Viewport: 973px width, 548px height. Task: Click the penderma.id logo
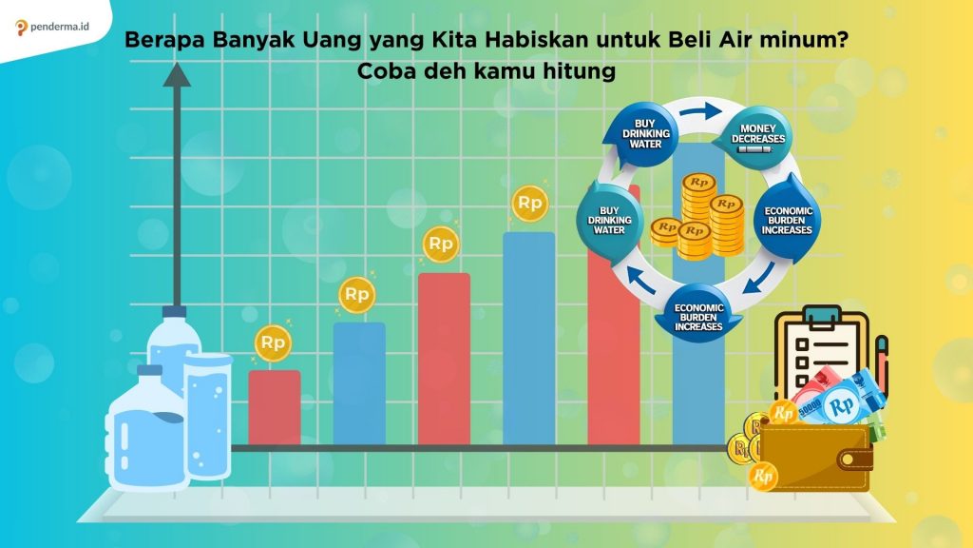pos(52,27)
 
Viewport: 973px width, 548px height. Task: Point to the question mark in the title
pos(842,40)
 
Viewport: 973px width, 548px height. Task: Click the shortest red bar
pos(275,407)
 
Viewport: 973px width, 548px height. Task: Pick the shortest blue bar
pos(359,383)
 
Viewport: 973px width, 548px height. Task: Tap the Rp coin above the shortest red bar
pos(273,342)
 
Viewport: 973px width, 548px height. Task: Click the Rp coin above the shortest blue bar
pos(357,294)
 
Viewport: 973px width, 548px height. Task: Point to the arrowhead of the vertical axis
pos(177,74)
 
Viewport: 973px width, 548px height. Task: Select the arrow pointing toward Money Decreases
pos(701,112)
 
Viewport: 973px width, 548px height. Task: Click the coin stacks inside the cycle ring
pos(698,216)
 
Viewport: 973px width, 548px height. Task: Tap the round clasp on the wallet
pos(848,460)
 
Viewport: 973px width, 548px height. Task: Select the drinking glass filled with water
pos(208,416)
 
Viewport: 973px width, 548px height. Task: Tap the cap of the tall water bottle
pos(175,311)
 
